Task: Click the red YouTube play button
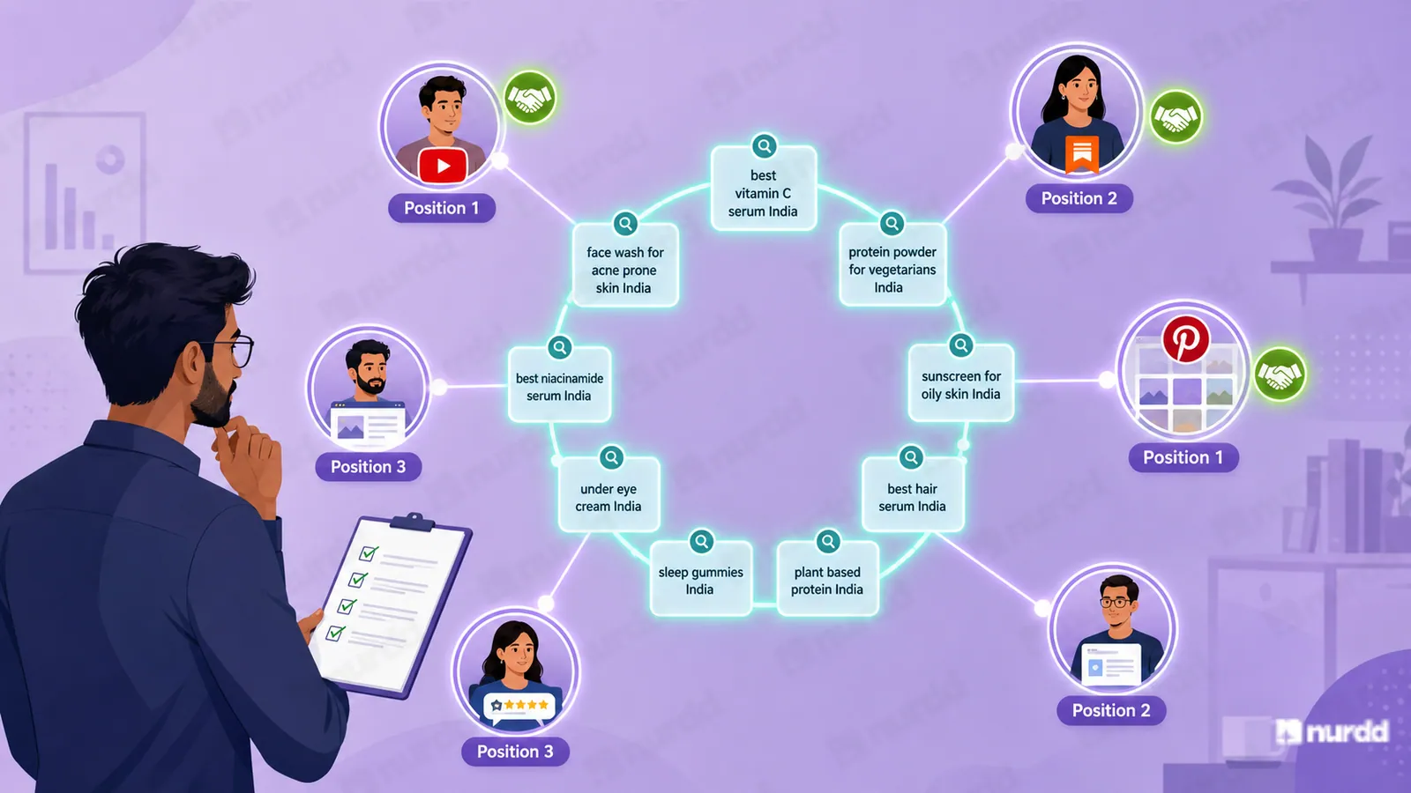tap(443, 166)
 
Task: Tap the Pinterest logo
tap(1185, 339)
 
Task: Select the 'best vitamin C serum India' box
tap(764, 189)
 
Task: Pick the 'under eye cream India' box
tap(609, 494)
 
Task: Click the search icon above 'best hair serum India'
tap(911, 457)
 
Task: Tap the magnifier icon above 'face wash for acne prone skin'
tap(625, 224)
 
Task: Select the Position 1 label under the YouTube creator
tap(442, 208)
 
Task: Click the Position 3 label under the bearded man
tap(368, 466)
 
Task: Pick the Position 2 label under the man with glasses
tap(1111, 710)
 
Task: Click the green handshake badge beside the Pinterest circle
tap(1280, 374)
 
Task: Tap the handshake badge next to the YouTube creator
tap(530, 98)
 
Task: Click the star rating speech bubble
tap(519, 706)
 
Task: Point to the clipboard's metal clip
tap(414, 521)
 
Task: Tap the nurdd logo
tap(1333, 731)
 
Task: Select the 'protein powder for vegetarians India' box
tap(892, 264)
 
